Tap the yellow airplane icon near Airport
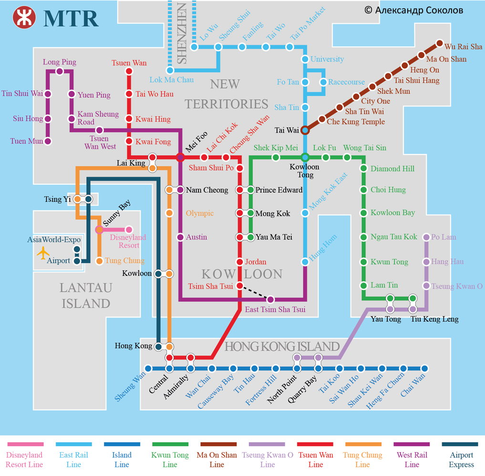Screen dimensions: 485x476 tap(43, 252)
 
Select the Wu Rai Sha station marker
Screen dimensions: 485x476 tap(440, 43)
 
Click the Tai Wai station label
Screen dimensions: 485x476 tap(287, 130)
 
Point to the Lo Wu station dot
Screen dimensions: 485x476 tap(194, 47)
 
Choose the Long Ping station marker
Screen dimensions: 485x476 tap(60, 72)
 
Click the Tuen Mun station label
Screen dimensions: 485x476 tap(27, 141)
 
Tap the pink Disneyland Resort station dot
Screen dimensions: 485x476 tap(129, 230)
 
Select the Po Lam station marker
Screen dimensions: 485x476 tap(426, 237)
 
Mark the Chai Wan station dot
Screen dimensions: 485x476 tap(424, 369)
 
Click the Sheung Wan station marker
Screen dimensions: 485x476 tap(148, 369)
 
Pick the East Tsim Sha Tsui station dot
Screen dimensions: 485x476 tap(270, 300)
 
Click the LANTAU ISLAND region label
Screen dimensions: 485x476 tap(86, 295)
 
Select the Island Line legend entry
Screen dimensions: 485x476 tap(122, 455)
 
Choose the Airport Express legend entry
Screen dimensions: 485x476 tap(461, 455)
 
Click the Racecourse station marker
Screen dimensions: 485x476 tap(323, 82)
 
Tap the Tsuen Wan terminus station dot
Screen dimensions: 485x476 tap(128, 72)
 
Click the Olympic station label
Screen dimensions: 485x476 tap(199, 213)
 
